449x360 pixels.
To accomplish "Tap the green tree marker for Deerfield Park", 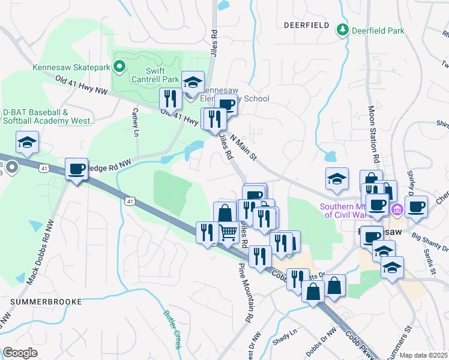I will coord(342,29).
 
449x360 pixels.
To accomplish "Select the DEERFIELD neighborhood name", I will coord(306,25).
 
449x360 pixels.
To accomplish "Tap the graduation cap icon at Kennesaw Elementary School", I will coord(193,82).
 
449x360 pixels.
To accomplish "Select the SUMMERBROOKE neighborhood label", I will coord(41,300).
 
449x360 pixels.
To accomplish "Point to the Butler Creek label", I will coord(171,329).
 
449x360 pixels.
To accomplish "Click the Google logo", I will coord(20,353).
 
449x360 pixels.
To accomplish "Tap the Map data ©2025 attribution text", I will coord(423,355).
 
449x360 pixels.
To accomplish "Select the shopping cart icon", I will coord(228,232).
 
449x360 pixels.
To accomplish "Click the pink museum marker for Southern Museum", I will coord(396,209).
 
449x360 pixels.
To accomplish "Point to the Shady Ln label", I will coord(285,333).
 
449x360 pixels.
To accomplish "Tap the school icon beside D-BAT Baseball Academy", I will coord(27,142).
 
